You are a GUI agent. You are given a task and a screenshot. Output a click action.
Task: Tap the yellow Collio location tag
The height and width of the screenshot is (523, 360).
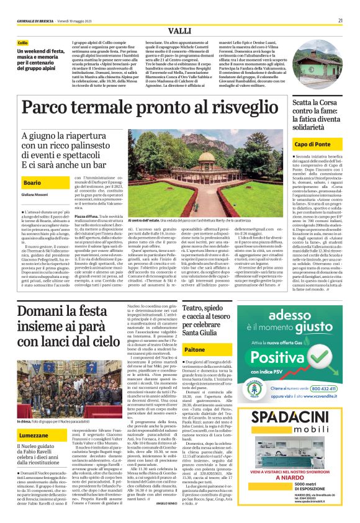click(23, 43)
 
